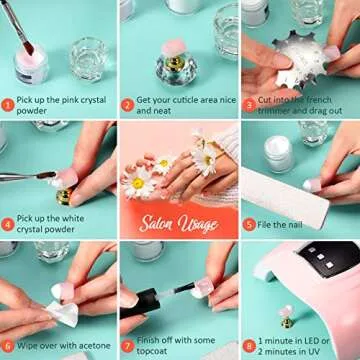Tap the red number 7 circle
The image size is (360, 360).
pyautogui.click(x=127, y=345)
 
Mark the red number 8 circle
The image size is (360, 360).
pyautogui.click(x=247, y=345)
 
